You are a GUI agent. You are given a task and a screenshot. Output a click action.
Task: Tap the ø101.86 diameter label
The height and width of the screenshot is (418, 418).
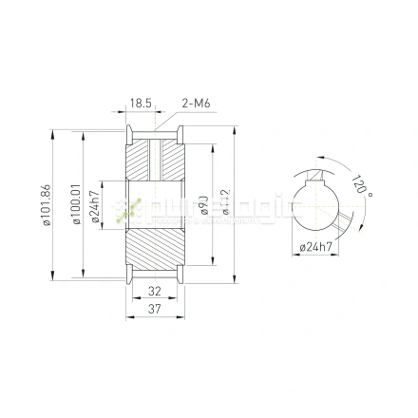pos(45,204)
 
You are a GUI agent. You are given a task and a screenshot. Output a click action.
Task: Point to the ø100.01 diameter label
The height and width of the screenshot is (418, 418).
pos(76,204)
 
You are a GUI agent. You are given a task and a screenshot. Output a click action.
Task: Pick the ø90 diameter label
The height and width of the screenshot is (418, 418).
pos(203,204)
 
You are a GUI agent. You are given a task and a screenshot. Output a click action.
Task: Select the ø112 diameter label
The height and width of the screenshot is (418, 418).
pos(226,204)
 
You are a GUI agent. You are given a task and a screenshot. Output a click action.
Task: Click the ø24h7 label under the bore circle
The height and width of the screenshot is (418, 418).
pos(314,247)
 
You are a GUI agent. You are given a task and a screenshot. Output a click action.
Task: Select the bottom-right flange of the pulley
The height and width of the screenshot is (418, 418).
pos(180,276)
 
